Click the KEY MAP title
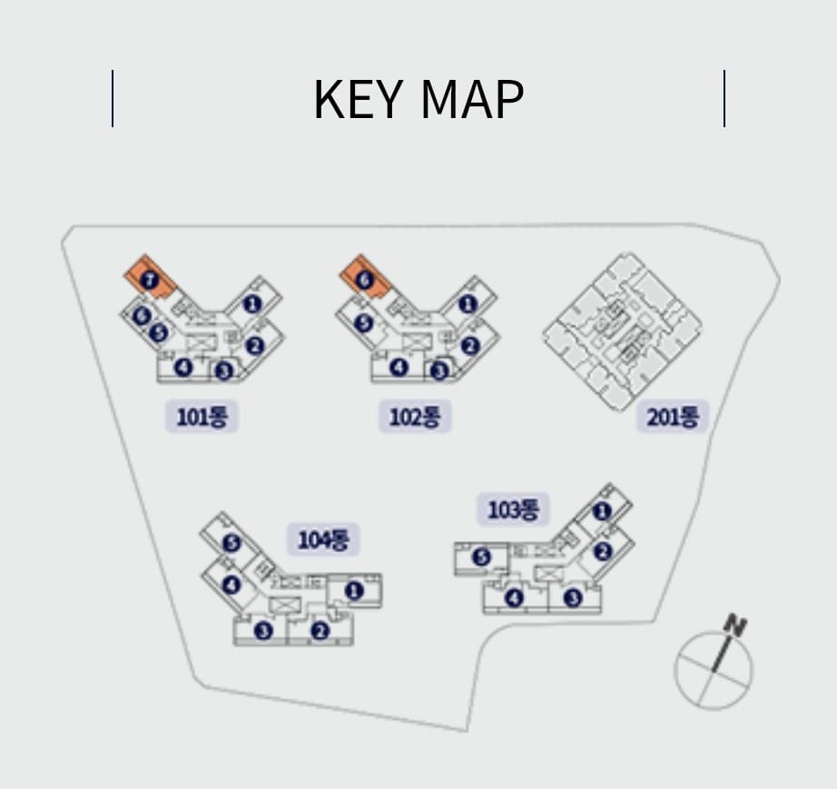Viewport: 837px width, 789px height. pos(418,99)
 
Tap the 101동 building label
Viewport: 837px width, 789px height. pos(202,418)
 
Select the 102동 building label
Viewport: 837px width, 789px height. pos(415,418)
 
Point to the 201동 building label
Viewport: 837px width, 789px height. pos(673,418)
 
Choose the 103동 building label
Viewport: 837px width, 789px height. pos(514,510)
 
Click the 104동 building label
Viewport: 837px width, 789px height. pos(323,540)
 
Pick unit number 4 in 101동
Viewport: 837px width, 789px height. pos(183,367)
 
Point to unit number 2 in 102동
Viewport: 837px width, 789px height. pos(469,346)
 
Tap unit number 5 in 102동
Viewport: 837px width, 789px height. pos(364,322)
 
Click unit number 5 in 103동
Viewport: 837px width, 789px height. pos(481,557)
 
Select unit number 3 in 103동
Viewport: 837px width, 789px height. pos(572,597)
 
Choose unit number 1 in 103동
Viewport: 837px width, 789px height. pos(601,511)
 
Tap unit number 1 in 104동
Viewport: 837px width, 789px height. pos(353,591)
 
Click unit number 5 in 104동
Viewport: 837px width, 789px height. pos(231,543)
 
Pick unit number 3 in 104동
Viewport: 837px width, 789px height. pos(263,630)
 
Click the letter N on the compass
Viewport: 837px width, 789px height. pos(735,626)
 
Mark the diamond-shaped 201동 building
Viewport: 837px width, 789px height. pos(622,331)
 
